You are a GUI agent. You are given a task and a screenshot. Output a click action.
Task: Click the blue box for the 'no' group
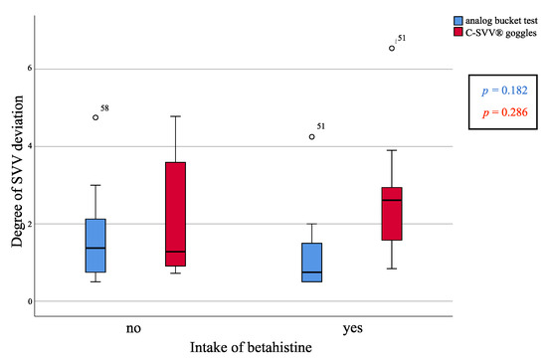click(x=96, y=246)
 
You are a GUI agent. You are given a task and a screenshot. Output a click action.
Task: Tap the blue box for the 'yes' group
click(x=312, y=263)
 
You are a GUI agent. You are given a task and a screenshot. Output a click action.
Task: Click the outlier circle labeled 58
click(x=96, y=117)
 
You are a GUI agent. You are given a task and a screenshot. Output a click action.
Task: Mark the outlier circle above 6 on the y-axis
click(x=392, y=48)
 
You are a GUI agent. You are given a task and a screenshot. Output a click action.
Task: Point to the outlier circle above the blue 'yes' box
click(x=312, y=136)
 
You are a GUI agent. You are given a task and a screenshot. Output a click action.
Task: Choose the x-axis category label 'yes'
click(x=351, y=326)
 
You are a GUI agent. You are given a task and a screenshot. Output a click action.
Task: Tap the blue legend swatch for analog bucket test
click(x=457, y=20)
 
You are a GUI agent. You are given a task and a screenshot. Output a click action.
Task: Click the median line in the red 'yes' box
click(x=391, y=200)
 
